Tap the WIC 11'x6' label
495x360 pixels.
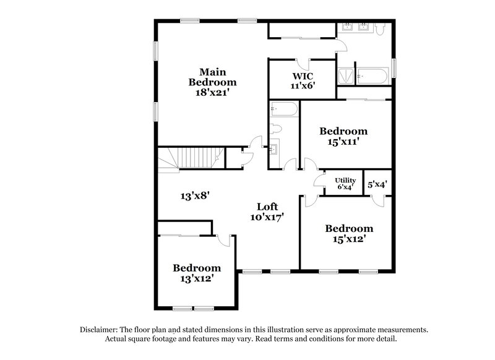[x=303, y=81]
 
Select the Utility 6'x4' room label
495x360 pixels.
[x=345, y=183]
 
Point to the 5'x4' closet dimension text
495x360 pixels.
[x=377, y=184]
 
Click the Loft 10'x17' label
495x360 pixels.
[x=268, y=212]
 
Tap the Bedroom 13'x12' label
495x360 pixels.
[x=196, y=273]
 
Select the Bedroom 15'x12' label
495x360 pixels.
[x=349, y=233]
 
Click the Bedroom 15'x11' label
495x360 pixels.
[x=343, y=136]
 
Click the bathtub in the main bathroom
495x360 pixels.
[x=372, y=77]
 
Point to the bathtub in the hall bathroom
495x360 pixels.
[x=284, y=110]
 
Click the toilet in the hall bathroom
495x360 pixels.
[x=276, y=129]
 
